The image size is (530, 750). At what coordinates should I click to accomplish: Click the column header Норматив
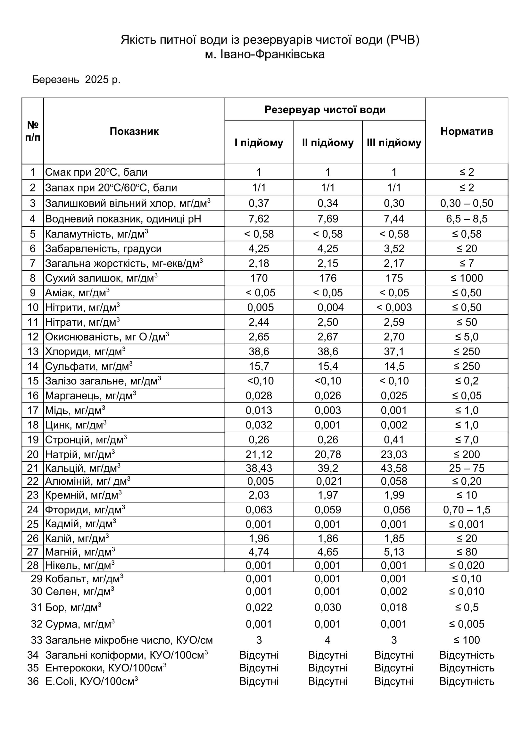tap(466, 131)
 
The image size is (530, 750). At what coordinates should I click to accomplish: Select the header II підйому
tap(328, 143)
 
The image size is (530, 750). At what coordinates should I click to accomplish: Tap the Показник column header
tap(134, 131)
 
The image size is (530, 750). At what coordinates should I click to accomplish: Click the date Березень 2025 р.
tap(76, 80)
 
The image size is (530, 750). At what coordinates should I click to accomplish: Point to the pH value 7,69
tap(328, 219)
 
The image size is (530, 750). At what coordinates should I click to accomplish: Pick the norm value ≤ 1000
tap(467, 278)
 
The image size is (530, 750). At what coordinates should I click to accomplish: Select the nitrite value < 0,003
tap(394, 308)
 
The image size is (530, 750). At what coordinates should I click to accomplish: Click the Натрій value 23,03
tap(394, 454)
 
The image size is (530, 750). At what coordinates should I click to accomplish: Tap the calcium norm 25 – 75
tap(467, 468)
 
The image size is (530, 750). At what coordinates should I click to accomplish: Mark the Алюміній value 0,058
tap(394, 481)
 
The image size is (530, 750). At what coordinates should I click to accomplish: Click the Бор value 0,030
tap(328, 607)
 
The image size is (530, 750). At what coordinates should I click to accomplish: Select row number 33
tap(37, 640)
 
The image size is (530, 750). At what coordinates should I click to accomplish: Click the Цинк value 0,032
tap(259, 425)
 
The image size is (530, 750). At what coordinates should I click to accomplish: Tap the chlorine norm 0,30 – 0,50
tap(467, 203)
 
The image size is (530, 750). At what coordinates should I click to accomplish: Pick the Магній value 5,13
tap(394, 552)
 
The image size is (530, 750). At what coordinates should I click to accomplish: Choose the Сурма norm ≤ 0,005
tap(467, 624)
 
